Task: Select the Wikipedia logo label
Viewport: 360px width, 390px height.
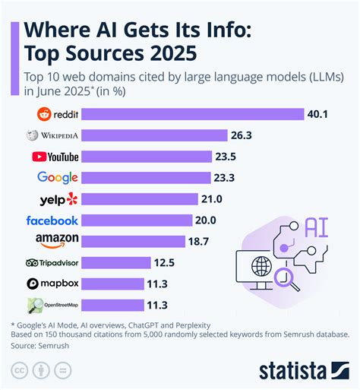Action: coord(52,136)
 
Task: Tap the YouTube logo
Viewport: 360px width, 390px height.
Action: coord(55,157)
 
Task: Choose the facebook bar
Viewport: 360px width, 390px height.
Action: coord(137,220)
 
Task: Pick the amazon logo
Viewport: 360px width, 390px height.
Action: coord(58,242)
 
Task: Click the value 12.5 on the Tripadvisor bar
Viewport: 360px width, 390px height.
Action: coord(163,263)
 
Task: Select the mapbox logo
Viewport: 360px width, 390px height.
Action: coord(53,284)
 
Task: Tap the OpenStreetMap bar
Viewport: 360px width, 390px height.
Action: coord(112,305)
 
